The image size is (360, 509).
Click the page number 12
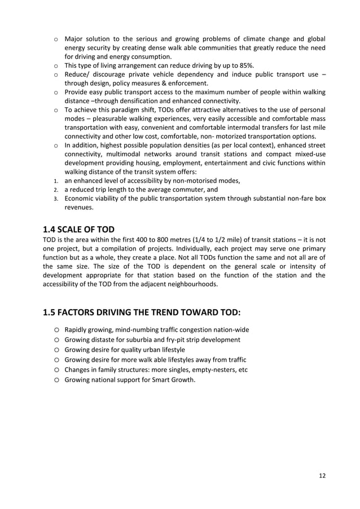click(322, 475)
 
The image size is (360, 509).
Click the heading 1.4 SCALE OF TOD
click(79, 229)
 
